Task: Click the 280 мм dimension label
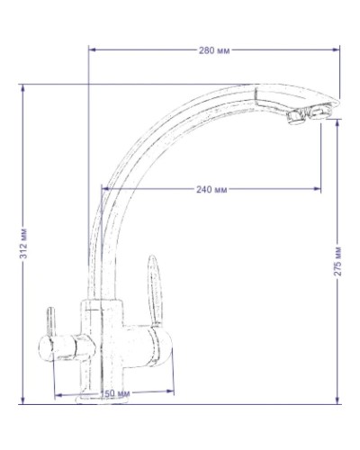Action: tap(214, 50)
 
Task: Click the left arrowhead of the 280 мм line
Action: tap(92, 50)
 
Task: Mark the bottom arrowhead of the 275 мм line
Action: tap(337, 402)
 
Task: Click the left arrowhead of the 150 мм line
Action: tap(58, 394)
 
